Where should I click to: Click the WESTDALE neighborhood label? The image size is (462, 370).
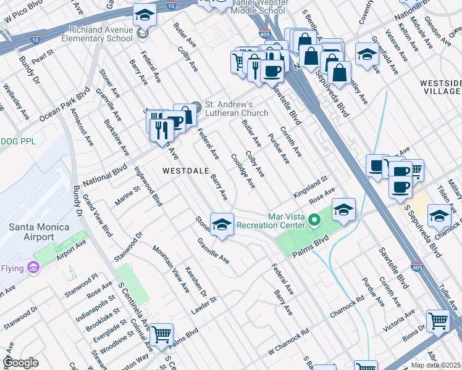[183, 170]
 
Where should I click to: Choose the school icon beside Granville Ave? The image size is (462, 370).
[222, 224]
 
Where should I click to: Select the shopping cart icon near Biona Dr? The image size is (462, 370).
[438, 320]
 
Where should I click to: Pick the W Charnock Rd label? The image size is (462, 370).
[288, 343]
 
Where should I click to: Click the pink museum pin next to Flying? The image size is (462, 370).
[33, 268]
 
